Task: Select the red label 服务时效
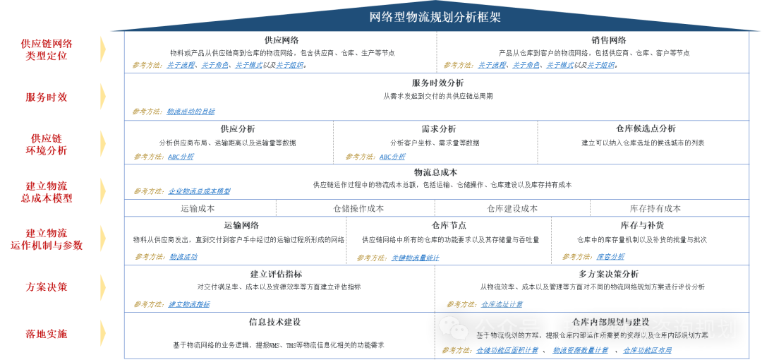[46, 97]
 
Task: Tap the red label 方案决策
[46, 287]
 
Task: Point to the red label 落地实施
[46, 333]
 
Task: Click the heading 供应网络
[281, 40]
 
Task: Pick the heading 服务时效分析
[437, 83]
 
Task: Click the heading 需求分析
[438, 129]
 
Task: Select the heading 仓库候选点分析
[645, 129]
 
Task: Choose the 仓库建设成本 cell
[512, 208]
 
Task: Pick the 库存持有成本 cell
[655, 208]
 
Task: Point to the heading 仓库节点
[448, 225]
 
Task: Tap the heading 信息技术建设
[274, 322]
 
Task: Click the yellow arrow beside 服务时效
[103, 97]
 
